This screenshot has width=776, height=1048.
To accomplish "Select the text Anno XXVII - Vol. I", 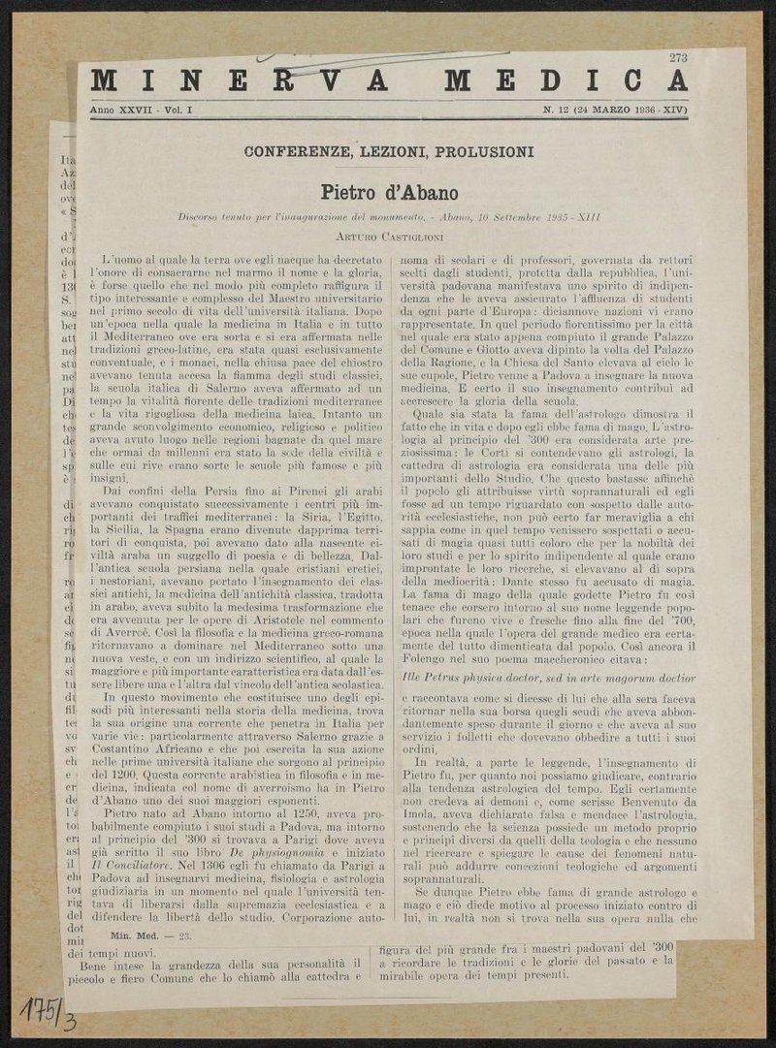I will (x=142, y=111).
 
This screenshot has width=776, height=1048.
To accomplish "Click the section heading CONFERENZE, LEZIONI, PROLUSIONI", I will (x=389, y=152).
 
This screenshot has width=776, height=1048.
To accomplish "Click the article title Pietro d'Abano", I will (x=389, y=193).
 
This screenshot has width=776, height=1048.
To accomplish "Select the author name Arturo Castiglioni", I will (x=389, y=235).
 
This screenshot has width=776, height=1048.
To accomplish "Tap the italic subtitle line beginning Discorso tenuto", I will (x=389, y=216).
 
